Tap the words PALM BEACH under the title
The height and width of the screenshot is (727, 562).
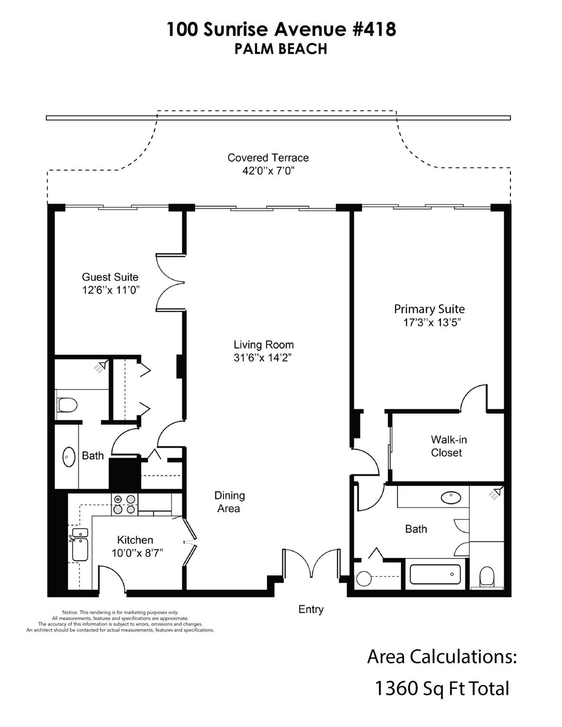281,49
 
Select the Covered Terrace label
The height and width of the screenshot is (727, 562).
268,158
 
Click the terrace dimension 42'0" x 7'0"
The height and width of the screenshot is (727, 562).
268,171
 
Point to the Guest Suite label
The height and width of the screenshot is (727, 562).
110,277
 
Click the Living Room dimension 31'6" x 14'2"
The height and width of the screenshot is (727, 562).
263,358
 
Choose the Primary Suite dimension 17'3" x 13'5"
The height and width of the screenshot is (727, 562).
429,323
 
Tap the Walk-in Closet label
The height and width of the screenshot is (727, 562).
448,446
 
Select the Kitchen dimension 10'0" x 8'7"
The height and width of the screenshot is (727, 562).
137,553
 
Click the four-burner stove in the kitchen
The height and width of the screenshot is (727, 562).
124,505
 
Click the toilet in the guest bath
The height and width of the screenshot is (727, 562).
67,405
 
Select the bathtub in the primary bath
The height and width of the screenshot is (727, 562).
435,575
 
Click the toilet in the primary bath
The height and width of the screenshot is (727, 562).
486,577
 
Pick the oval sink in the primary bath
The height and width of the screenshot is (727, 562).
450,497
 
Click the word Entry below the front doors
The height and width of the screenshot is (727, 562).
311,609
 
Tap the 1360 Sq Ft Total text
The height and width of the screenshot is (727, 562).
442,688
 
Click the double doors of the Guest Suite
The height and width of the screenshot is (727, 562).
170,283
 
